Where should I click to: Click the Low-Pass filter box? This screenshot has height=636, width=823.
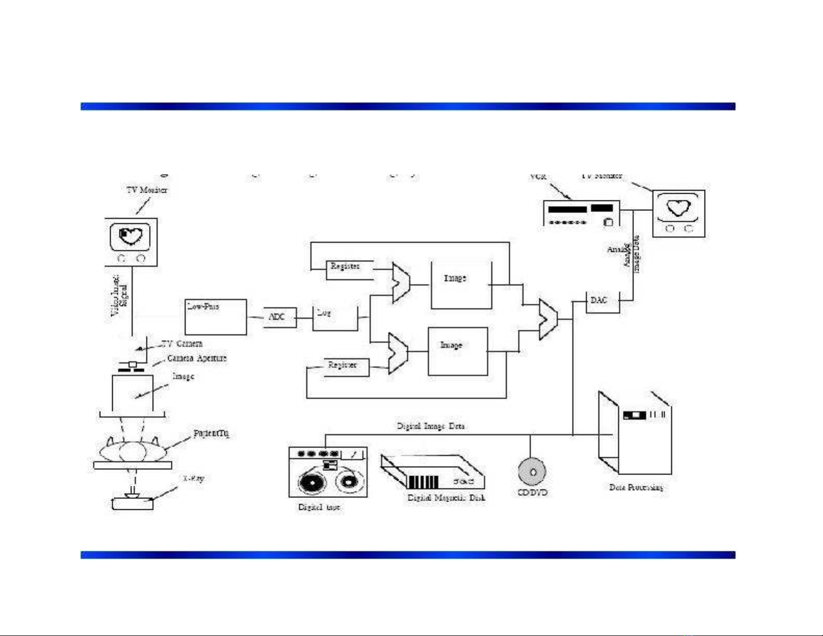[x=215, y=317]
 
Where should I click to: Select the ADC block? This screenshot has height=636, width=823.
[x=279, y=317]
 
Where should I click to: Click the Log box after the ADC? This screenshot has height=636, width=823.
[x=335, y=318]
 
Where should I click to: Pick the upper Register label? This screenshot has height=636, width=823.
[x=345, y=266]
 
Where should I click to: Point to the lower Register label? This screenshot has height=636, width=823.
[x=342, y=365]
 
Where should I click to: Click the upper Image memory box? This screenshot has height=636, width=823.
[x=461, y=285]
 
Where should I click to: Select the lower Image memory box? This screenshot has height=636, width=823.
[x=457, y=351]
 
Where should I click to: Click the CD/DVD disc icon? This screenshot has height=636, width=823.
[x=532, y=471]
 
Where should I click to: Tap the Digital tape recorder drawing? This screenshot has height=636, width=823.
[x=328, y=472]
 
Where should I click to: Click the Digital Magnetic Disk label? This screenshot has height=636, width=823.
[x=446, y=498]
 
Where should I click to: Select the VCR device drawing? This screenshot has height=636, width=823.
[x=581, y=213]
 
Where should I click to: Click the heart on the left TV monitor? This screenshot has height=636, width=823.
[x=130, y=236]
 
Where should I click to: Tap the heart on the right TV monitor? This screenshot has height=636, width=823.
[x=678, y=208]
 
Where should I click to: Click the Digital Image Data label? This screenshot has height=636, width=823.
[x=430, y=426]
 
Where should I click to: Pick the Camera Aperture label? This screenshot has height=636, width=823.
[x=197, y=358]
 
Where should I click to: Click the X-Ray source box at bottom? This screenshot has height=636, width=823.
[x=133, y=503]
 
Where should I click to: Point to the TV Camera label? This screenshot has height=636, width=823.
[x=182, y=344]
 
